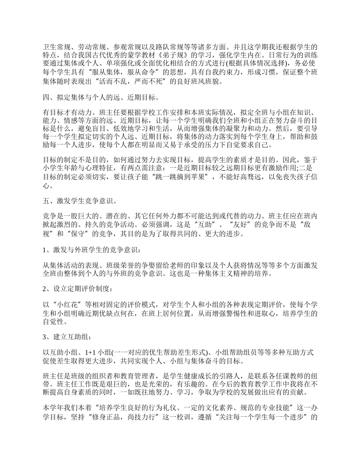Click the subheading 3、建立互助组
[66, 336]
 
